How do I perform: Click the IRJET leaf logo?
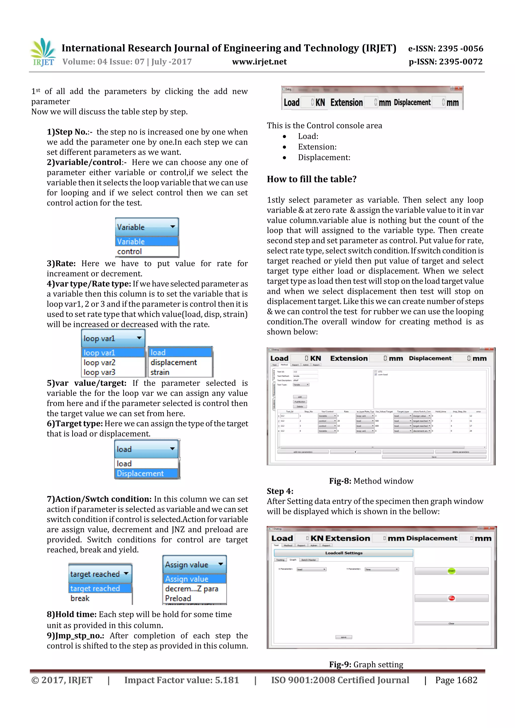[43, 52]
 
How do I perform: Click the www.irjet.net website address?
[259, 62]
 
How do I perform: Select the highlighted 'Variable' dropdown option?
[146, 241]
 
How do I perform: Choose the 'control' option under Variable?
[130, 252]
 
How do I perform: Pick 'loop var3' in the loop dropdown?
[99, 372]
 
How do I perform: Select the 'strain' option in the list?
[160, 372]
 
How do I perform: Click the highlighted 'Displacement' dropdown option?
[140, 473]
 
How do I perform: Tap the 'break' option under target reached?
[80, 598]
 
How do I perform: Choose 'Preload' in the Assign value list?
[178, 598]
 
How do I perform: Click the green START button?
[451, 571]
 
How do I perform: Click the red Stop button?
[451, 598]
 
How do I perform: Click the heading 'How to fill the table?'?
[312, 179]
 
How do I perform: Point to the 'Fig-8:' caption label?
[340, 481]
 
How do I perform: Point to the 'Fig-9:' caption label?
[340, 664]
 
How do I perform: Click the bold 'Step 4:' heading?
[280, 491]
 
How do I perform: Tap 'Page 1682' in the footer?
[456, 680]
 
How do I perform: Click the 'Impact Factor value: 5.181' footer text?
[182, 680]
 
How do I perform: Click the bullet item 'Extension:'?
[317, 147]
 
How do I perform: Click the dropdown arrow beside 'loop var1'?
[139, 338]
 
